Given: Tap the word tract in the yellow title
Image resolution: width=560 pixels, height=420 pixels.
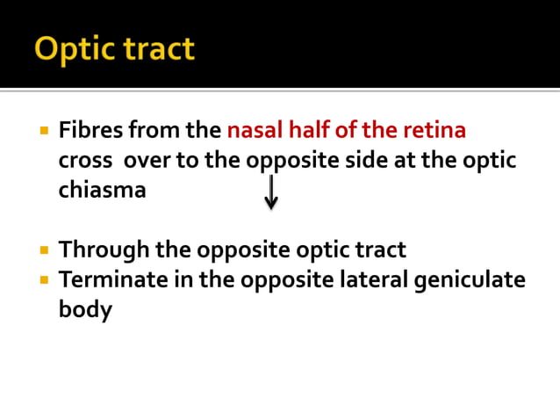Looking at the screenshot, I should [x=158, y=49].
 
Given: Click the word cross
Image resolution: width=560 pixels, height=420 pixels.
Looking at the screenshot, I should [x=85, y=161].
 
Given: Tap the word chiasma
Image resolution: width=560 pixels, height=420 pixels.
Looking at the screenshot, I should [x=102, y=190].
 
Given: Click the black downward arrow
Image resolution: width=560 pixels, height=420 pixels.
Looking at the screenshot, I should [x=271, y=192].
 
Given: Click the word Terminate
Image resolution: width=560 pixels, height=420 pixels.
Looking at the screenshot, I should [x=112, y=280].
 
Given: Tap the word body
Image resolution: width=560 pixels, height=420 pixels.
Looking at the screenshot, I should [x=85, y=310].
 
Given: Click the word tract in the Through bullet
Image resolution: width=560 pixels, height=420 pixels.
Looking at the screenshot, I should [x=377, y=250].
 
